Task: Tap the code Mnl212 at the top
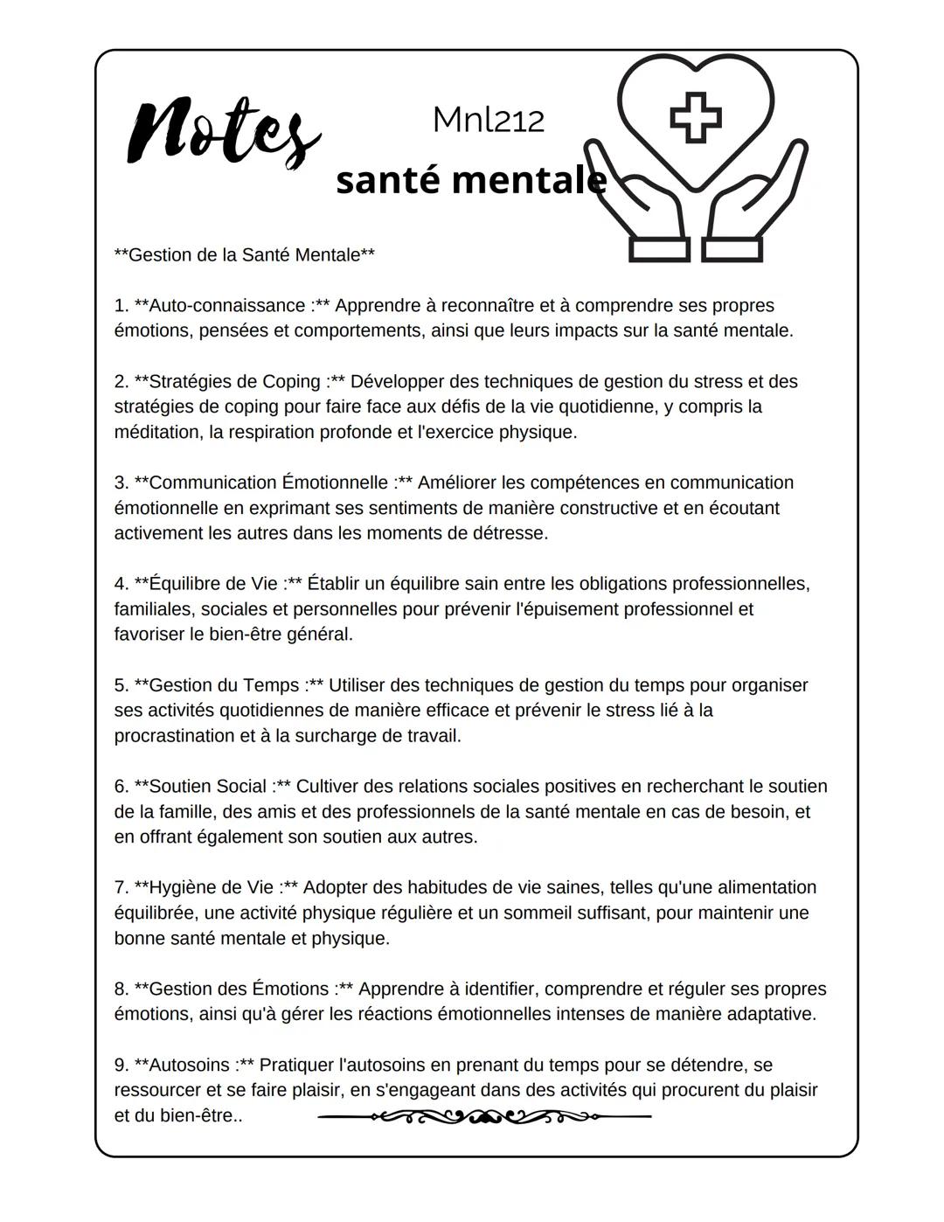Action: point(488,121)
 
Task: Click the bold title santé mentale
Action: point(470,180)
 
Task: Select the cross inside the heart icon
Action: point(696,117)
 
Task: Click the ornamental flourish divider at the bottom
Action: point(484,1116)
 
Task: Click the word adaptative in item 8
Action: point(771,1015)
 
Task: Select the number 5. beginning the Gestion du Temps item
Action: point(121,685)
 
